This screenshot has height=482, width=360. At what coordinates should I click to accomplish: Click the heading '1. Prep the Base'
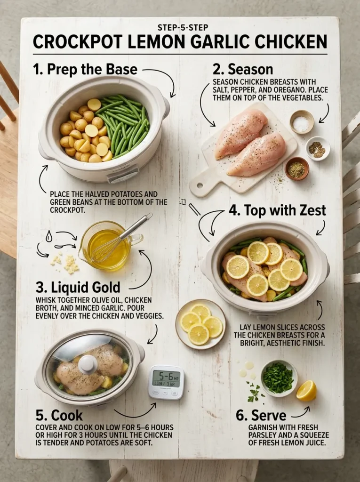click(x=85, y=70)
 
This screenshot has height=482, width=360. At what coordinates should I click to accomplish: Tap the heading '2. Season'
click(x=242, y=69)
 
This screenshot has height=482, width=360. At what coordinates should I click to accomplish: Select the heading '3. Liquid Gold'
click(x=78, y=287)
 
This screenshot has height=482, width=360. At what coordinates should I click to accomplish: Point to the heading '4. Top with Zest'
click(x=277, y=210)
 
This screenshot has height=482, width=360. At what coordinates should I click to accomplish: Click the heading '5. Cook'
click(x=59, y=415)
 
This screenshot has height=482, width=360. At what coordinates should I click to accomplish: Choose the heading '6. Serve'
click(x=261, y=415)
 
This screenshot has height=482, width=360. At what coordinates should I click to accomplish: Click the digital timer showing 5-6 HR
click(x=165, y=382)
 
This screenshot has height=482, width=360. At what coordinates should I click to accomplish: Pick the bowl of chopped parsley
click(x=279, y=378)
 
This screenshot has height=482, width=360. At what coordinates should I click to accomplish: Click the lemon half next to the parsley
click(x=306, y=391)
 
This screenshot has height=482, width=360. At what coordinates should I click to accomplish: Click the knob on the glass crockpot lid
click(x=88, y=364)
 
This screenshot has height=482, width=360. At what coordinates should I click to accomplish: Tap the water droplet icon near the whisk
click(x=49, y=237)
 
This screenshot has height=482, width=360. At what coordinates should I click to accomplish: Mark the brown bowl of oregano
click(x=296, y=169)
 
